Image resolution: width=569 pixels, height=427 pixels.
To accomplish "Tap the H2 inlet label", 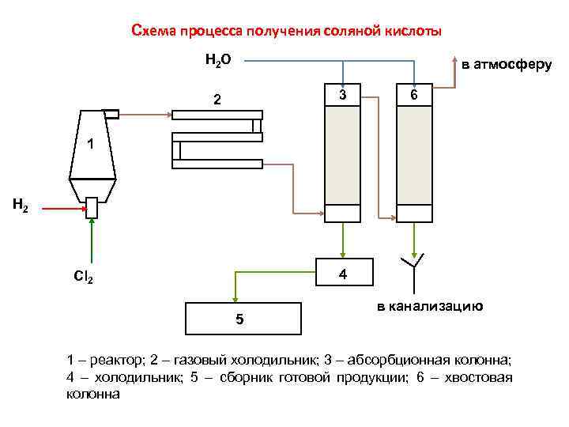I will [x=21, y=206].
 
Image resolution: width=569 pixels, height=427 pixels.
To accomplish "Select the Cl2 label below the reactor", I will [x=83, y=278].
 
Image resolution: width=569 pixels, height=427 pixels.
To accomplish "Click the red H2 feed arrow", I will [x=63, y=209].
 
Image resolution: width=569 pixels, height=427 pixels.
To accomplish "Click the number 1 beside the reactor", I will [x=91, y=145].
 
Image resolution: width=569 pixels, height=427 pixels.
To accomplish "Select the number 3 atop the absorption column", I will [x=342, y=95].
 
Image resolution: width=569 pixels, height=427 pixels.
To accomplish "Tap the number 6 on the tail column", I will [x=414, y=95].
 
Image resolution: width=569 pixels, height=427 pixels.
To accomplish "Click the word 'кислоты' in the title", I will [x=415, y=31].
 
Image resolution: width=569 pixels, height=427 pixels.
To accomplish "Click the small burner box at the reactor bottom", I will [x=92, y=207].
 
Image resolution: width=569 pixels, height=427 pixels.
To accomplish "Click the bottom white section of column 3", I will [x=342, y=213].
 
